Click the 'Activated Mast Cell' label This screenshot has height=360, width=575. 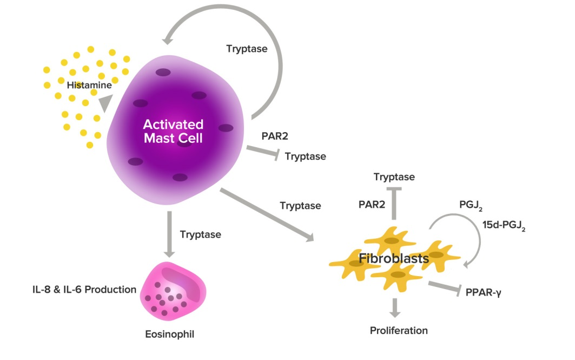click(x=173, y=131)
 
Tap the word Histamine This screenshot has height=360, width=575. click(x=89, y=85)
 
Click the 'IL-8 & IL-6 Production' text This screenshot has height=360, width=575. click(x=83, y=290)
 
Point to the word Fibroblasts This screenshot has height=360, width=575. click(x=394, y=259)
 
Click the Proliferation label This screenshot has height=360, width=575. click(x=399, y=330)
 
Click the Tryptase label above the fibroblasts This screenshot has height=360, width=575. click(x=394, y=177)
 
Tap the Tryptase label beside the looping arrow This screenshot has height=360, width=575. click(x=246, y=49)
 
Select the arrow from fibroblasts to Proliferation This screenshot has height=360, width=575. click(x=396, y=307)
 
